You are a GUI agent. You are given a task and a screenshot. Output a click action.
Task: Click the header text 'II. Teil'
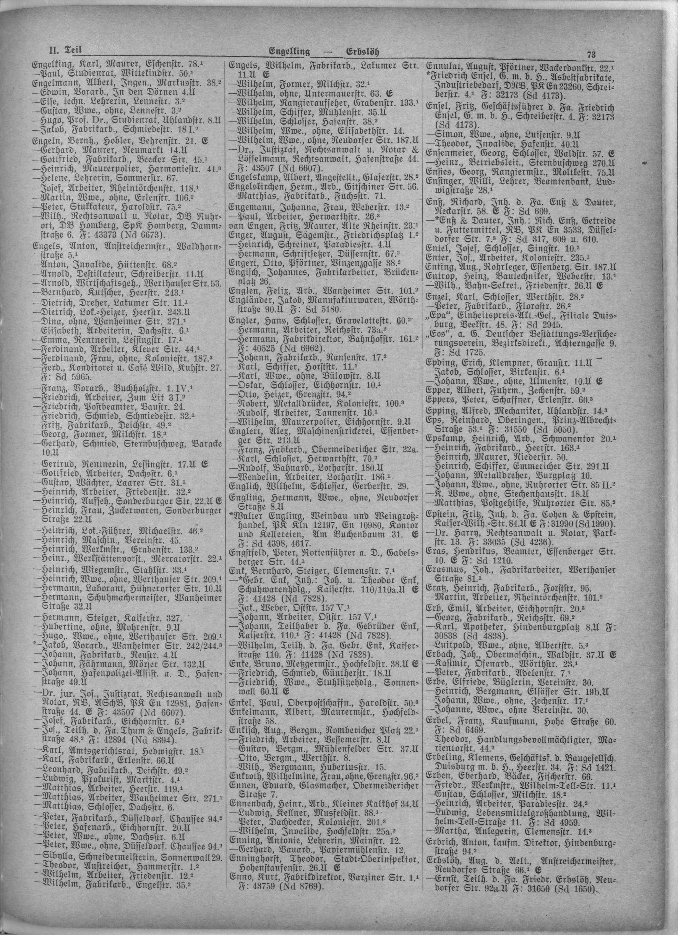pos(63,50)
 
